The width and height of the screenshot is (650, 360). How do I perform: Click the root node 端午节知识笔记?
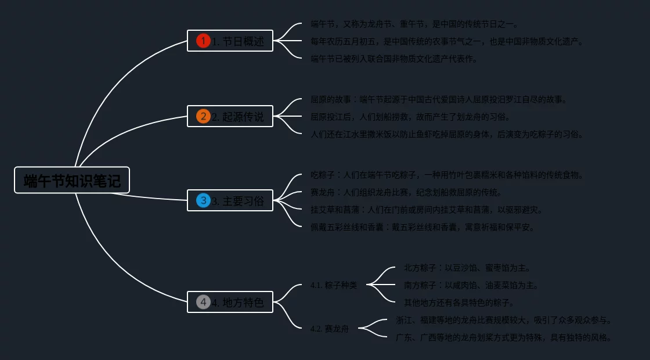(x=72, y=181)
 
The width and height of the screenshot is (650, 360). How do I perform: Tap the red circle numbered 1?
(x=203, y=41)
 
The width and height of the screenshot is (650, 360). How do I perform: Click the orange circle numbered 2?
(x=203, y=116)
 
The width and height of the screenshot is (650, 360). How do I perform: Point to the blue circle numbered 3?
(x=203, y=200)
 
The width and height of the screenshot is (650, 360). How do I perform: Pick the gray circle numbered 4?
(x=203, y=302)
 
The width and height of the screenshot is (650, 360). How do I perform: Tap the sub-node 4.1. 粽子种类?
(x=334, y=285)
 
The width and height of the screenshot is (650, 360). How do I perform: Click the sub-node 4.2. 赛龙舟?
(x=330, y=329)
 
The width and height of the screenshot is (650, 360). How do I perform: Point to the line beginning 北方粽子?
(x=467, y=268)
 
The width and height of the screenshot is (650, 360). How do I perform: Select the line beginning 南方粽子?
(x=471, y=285)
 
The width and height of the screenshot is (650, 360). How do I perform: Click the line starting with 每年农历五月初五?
(x=447, y=41)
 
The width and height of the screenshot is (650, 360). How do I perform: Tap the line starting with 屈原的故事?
(x=439, y=99)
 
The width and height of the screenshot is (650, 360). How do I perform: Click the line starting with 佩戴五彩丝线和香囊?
(x=423, y=227)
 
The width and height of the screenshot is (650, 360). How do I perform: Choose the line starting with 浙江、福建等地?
(x=504, y=320)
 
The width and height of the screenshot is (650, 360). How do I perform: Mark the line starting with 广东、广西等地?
(x=504, y=337)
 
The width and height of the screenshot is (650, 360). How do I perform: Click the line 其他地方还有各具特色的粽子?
(x=459, y=303)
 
